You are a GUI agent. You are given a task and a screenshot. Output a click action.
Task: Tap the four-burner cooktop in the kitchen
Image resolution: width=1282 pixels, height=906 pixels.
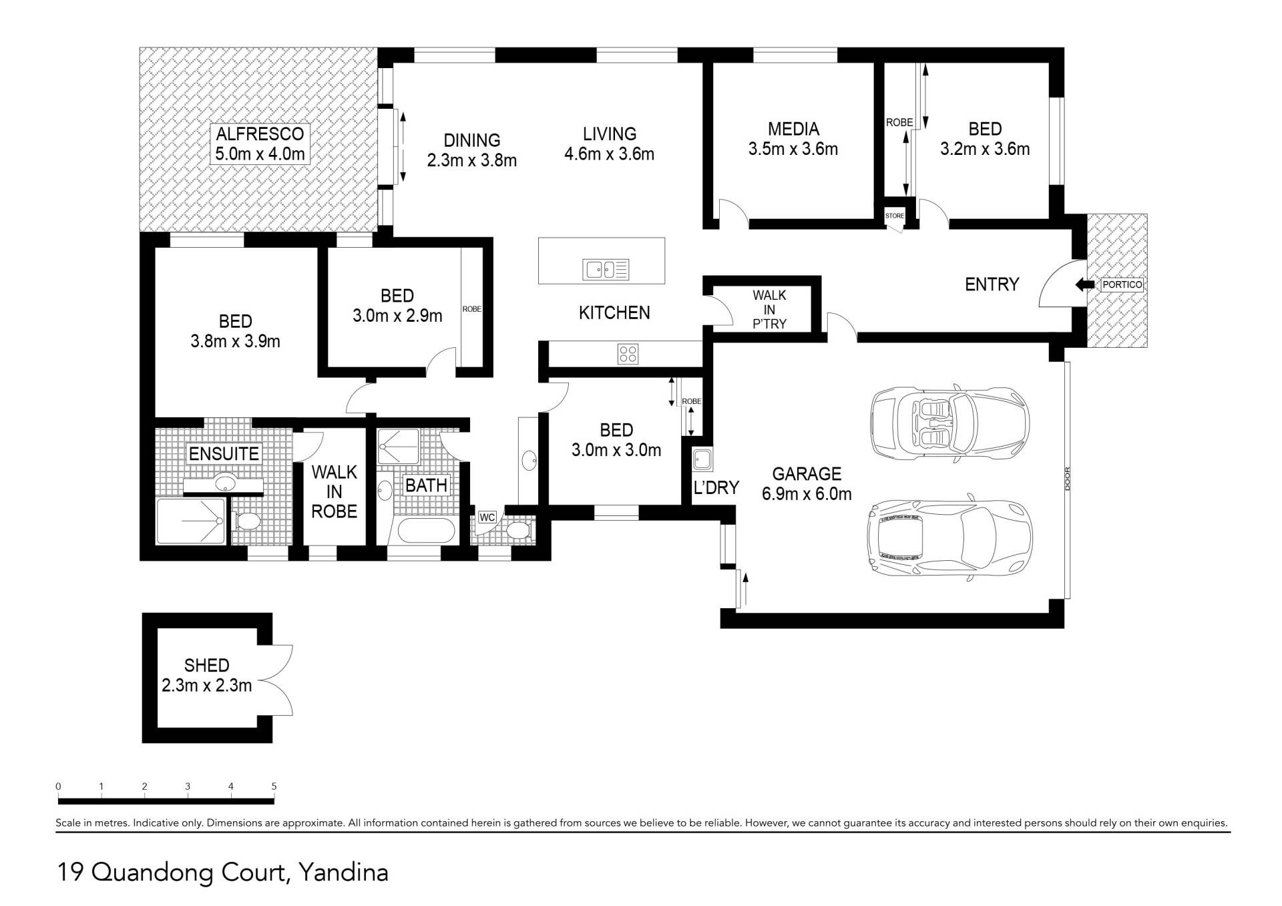(x=628, y=353)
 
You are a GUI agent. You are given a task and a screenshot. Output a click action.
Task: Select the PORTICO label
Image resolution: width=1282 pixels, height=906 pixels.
(x=1122, y=284)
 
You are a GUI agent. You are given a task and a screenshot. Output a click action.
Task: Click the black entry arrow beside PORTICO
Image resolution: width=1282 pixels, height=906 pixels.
(x=1085, y=285)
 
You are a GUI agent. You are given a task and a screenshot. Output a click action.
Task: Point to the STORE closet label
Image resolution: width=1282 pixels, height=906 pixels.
(x=895, y=216)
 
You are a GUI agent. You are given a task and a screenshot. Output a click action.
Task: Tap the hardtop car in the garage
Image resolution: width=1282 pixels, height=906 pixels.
(x=949, y=538)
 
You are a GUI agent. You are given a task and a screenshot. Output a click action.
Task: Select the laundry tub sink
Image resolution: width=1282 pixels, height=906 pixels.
(x=702, y=459)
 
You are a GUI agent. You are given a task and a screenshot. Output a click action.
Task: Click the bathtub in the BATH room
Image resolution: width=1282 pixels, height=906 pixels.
(x=426, y=531)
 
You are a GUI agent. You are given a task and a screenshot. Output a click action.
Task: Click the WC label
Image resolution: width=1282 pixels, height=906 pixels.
(x=487, y=517)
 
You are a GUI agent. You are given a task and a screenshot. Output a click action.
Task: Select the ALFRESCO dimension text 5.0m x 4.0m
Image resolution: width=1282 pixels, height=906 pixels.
(x=260, y=154)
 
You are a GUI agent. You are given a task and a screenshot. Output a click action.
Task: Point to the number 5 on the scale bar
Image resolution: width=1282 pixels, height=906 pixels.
(x=274, y=786)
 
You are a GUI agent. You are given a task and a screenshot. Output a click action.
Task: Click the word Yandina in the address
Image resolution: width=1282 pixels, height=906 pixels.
(x=343, y=873)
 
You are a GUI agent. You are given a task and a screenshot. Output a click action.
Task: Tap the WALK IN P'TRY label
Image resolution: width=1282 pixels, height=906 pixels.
(x=769, y=309)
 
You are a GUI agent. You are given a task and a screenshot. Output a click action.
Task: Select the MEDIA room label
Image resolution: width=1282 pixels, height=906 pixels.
(x=793, y=129)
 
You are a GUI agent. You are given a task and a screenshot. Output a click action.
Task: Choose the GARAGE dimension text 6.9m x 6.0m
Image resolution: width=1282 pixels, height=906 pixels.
(x=807, y=494)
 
